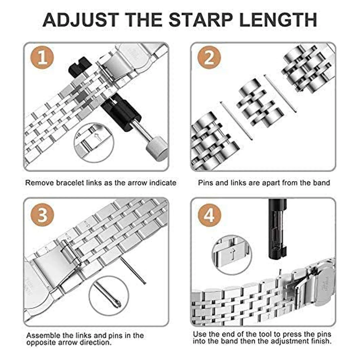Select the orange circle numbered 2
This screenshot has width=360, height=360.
pyautogui.click(x=209, y=58)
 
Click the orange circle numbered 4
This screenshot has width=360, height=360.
pyautogui.click(x=209, y=215)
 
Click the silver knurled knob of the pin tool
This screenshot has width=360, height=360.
pyautogui.click(x=157, y=152)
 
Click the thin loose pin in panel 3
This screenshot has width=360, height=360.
pyautogui.click(x=132, y=270)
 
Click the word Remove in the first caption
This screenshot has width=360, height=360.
pyautogui.click(x=38, y=183)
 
